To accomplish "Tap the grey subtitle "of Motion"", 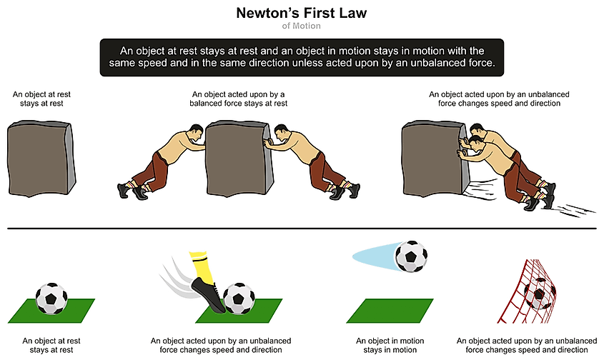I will pyautogui.click(x=301, y=26).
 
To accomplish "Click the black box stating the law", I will pyautogui.click(x=301, y=56).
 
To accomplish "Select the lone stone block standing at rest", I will pyautogui.click(x=40, y=158).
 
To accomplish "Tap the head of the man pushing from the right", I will pyautogui.click(x=281, y=134).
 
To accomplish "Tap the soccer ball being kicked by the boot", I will pyautogui.click(x=238, y=298).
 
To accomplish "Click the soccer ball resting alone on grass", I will pyautogui.click(x=51, y=297).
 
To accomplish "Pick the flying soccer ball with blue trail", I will pyautogui.click(x=411, y=257).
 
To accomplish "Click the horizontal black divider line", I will pyautogui.click(x=301, y=229).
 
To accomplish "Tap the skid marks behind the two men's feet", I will pyautogui.click(x=572, y=209).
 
